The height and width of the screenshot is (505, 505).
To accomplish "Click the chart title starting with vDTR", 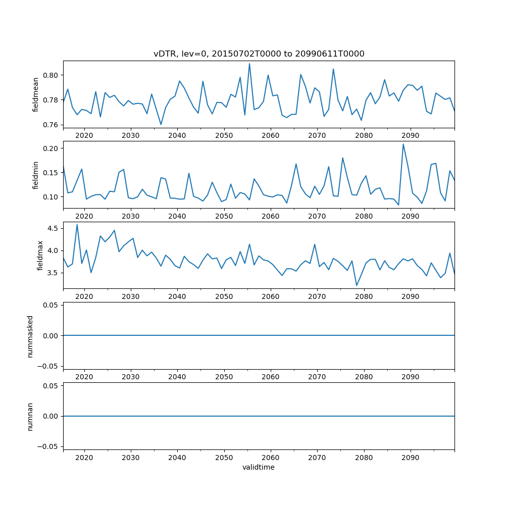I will coord(259,54).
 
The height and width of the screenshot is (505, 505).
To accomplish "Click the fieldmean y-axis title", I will coord(35,94).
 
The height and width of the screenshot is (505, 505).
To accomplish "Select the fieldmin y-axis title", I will coord(35,175).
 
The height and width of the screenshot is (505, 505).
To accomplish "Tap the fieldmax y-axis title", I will coord(40,256).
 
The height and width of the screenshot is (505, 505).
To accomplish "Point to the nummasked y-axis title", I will coord(30,336).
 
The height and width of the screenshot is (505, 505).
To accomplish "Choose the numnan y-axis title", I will coord(30,416).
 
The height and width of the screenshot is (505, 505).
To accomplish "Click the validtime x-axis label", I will coord(259,468).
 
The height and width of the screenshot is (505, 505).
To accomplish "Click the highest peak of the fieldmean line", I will coord(249,64).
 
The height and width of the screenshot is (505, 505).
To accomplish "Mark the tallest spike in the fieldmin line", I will coord(403,144).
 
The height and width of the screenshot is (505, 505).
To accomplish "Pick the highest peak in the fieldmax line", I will coord(77,225).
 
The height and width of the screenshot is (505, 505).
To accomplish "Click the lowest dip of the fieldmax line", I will coord(357,285).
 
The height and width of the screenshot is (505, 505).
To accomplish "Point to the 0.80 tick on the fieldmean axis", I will coord(51,75).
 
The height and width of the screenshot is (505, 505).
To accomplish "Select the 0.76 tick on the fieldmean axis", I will coord(51,125).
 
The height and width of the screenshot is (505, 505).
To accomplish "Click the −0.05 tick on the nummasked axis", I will coord(49,366).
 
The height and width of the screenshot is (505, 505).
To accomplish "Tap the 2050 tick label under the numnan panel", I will coord(224,458).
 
